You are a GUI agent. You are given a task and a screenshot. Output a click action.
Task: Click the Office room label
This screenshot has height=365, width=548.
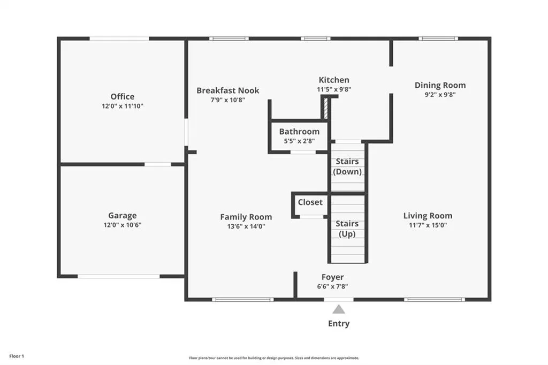pyautogui.click(x=123, y=96)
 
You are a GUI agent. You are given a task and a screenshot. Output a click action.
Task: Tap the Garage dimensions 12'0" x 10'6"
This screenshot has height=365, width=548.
pyautogui.click(x=123, y=225)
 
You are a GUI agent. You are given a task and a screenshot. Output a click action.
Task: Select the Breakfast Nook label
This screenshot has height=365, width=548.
pyautogui.click(x=228, y=90)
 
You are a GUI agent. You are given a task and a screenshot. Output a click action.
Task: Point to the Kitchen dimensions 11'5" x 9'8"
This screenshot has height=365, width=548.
pyautogui.click(x=334, y=89)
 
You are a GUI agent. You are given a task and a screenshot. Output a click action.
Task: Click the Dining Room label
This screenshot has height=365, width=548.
pyautogui.click(x=440, y=85)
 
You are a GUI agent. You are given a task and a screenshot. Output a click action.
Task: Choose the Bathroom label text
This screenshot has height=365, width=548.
pyautogui.click(x=299, y=132)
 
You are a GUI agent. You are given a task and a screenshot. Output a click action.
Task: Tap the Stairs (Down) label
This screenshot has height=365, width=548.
pyautogui.click(x=347, y=166)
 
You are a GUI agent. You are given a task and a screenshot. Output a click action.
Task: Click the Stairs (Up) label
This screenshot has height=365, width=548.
pyautogui.click(x=347, y=229)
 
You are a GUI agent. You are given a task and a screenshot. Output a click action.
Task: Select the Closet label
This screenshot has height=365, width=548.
pyautogui.click(x=310, y=202)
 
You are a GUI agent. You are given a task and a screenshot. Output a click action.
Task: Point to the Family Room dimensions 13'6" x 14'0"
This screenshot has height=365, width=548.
pyautogui.click(x=246, y=226)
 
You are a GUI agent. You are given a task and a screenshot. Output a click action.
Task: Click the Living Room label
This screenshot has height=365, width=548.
pyautogui.click(x=428, y=216)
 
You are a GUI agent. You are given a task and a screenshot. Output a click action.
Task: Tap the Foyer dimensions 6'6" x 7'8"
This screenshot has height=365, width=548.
pyautogui.click(x=332, y=286)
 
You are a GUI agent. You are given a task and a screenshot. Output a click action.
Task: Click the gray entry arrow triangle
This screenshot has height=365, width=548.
pyautogui.click(x=338, y=309)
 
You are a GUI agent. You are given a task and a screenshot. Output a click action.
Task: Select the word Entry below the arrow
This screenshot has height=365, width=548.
pyautogui.click(x=339, y=324)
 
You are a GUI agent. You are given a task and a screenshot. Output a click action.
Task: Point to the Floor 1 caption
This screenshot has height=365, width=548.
pyautogui.click(x=17, y=356)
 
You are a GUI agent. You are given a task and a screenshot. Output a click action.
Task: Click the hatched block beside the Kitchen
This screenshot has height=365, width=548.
pyautogui.click(x=326, y=108)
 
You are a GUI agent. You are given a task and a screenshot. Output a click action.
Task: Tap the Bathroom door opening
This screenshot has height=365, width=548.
pyautogui.click(x=303, y=152)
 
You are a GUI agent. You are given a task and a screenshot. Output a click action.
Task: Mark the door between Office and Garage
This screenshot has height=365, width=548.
pyautogui.click(x=158, y=164)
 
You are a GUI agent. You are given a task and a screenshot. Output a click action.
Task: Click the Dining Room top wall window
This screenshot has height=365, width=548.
pyautogui.click(x=438, y=39)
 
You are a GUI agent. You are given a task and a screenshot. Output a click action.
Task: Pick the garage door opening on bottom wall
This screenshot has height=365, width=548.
pyautogui.click(x=118, y=277)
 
